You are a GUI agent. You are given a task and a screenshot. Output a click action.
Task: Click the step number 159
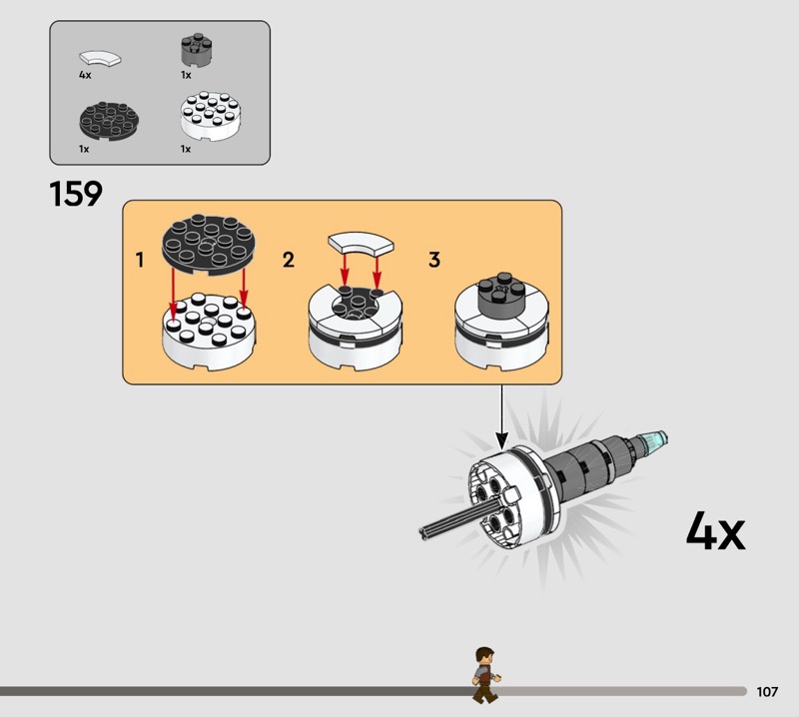(x=76, y=194)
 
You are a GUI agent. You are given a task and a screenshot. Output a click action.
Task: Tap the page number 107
(x=767, y=691)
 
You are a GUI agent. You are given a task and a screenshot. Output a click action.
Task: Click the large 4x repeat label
(x=715, y=531)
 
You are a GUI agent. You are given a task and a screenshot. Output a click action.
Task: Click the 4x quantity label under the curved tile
(x=85, y=75)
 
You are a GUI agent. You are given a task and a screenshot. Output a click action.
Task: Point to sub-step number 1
(x=140, y=261)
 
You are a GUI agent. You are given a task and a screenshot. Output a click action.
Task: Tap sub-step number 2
(x=289, y=261)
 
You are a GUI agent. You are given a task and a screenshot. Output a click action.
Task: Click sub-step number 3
(x=434, y=261)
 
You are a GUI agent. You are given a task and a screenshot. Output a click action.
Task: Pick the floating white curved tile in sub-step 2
(x=362, y=243)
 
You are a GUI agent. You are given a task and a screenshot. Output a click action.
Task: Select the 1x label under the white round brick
(x=185, y=149)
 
